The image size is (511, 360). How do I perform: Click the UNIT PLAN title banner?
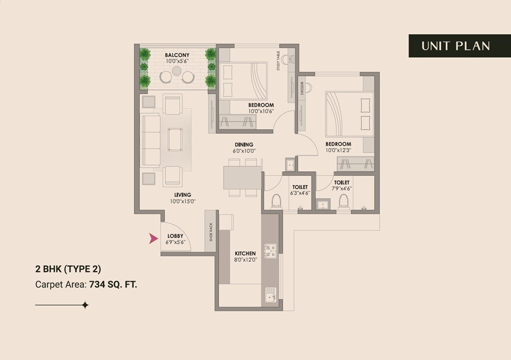(x=455, y=46)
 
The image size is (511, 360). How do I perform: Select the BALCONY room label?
(x=177, y=55)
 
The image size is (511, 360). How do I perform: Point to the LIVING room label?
(x=183, y=195)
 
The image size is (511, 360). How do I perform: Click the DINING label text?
(x=244, y=145)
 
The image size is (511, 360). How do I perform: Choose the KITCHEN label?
(x=245, y=254)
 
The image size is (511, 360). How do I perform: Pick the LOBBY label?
(x=175, y=237)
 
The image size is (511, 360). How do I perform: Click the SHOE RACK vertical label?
(x=210, y=232)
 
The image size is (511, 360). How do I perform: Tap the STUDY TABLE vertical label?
(x=278, y=61)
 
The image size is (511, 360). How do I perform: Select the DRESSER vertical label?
(x=303, y=88)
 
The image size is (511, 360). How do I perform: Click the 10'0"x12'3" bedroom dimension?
(x=338, y=150)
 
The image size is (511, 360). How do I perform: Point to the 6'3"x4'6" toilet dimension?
(x=301, y=193)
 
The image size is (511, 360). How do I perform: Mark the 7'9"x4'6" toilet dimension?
(x=342, y=189)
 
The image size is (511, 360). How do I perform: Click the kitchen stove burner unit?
(x=270, y=250)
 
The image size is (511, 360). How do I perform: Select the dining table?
(x=242, y=178)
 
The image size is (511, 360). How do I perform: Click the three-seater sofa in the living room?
(x=151, y=140)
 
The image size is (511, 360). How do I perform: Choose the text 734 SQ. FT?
(x=113, y=283)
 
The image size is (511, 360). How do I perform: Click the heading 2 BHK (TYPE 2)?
(x=68, y=269)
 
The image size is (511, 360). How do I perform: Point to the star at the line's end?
(x=85, y=305)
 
